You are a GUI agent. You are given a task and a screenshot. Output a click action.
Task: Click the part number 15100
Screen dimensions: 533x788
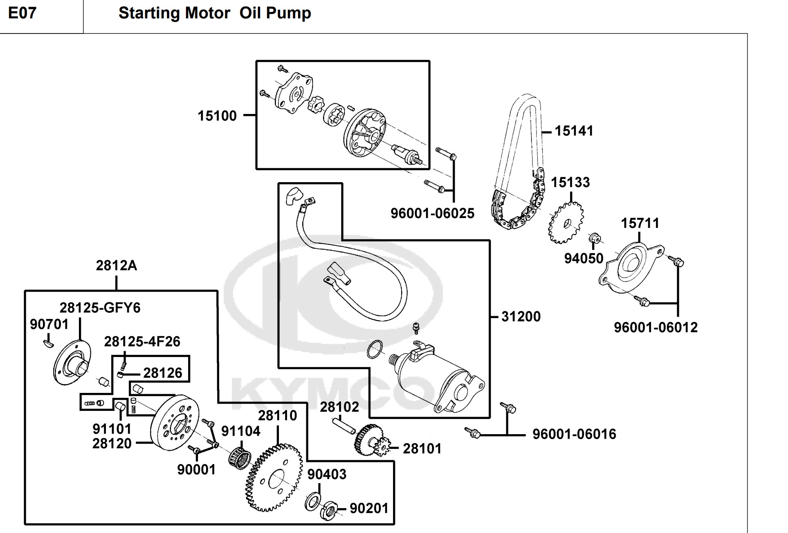click(217, 116)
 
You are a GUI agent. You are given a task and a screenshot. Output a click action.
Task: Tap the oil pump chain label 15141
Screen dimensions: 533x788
click(573, 131)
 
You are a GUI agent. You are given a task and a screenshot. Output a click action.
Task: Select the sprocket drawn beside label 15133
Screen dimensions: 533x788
click(566, 223)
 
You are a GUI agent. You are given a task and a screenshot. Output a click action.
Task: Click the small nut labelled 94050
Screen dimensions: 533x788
click(593, 237)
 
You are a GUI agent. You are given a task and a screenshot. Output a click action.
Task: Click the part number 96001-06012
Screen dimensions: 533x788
click(656, 328)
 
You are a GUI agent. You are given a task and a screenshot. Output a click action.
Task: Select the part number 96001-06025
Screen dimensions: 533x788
click(432, 213)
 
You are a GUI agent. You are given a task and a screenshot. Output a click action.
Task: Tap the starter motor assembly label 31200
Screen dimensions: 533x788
click(521, 317)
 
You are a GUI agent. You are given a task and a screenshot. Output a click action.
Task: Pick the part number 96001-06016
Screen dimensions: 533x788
click(574, 434)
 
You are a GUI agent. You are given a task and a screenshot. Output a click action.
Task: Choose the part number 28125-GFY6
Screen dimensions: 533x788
click(100, 308)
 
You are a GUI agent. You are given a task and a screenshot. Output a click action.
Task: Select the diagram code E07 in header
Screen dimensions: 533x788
click(22, 13)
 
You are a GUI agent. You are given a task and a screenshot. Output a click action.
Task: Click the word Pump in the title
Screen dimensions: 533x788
click(288, 13)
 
